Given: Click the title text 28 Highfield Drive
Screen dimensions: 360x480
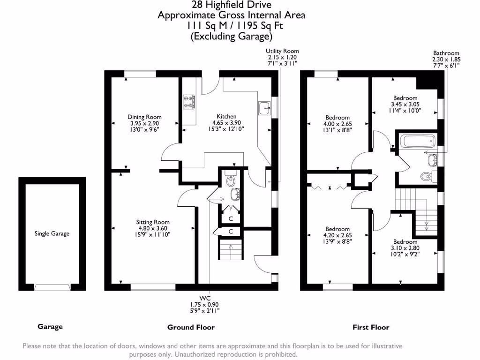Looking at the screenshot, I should (231, 5).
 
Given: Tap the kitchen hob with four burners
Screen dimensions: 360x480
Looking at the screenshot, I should (189, 102).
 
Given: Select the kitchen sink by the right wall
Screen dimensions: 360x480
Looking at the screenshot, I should (264, 107).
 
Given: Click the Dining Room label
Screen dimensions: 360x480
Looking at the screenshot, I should (144, 117).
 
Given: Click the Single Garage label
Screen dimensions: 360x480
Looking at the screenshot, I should (52, 233).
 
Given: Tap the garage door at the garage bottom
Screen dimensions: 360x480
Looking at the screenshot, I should (52, 287).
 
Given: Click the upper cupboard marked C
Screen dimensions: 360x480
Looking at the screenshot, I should (231, 218).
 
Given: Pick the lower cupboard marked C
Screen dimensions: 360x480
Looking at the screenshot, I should (231, 231).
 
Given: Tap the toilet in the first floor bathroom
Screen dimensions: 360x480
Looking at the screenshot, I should (426, 177).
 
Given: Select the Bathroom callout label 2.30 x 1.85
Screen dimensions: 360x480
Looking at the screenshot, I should (446, 60).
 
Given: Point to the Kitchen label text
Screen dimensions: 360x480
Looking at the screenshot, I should (226, 116).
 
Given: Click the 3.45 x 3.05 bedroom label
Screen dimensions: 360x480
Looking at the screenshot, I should (405, 105).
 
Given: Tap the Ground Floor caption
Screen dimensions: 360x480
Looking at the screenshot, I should (191, 327).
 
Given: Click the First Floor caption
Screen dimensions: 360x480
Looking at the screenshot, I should (371, 327).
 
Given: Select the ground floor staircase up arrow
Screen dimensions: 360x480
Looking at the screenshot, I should (230, 246).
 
